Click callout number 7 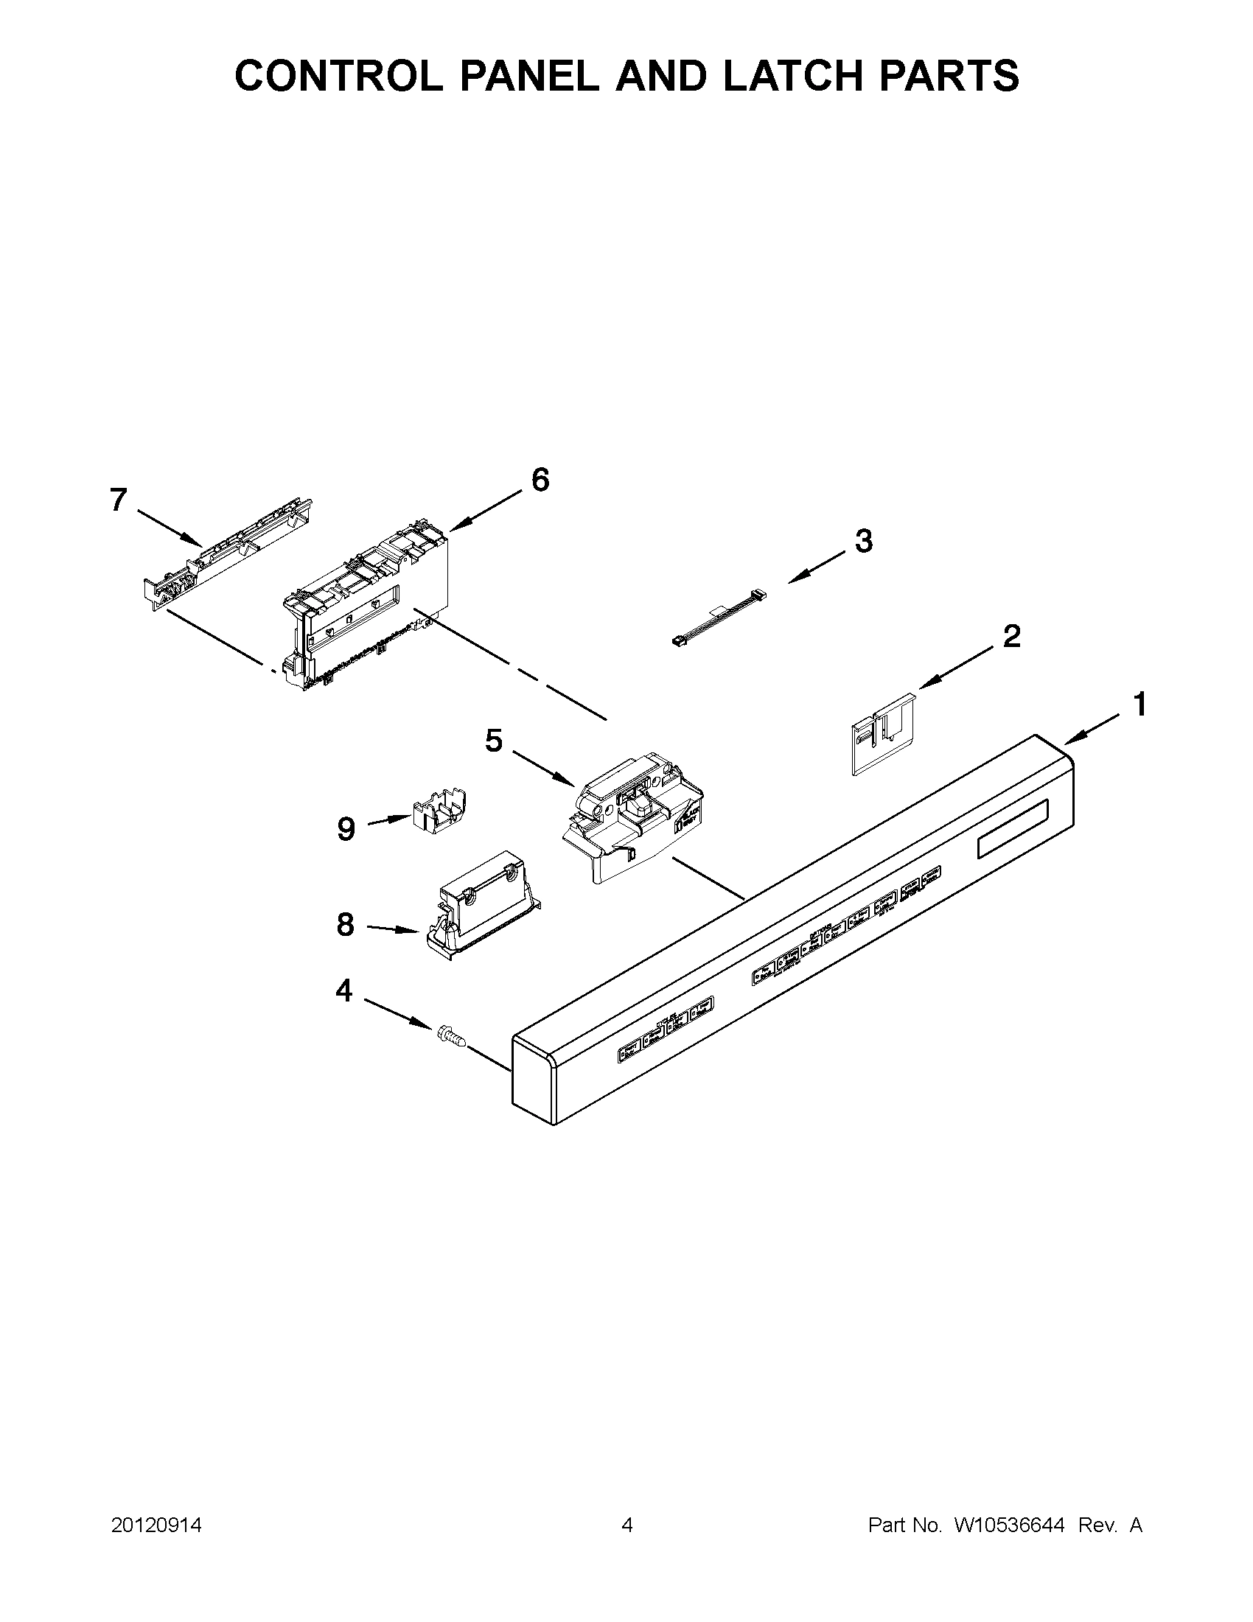pyautogui.click(x=119, y=500)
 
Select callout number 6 pyautogui.click(x=540, y=480)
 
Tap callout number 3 pyautogui.click(x=863, y=541)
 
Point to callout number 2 pyautogui.click(x=1011, y=637)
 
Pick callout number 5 pyautogui.click(x=494, y=740)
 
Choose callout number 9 pyautogui.click(x=346, y=828)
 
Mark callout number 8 pyautogui.click(x=346, y=925)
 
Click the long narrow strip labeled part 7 pyautogui.click(x=226, y=551)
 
